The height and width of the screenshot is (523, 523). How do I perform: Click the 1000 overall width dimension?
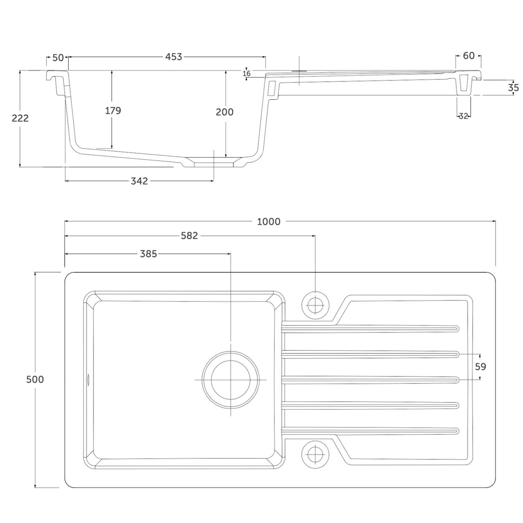tap(268, 221)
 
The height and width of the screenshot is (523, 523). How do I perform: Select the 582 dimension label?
tap(189, 236)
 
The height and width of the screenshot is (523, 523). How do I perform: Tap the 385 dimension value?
tap(149, 254)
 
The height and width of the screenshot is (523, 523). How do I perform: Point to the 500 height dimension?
tap(35, 379)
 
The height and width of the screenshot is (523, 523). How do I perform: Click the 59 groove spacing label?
tap(480, 367)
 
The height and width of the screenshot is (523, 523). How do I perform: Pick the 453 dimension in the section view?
tap(174, 56)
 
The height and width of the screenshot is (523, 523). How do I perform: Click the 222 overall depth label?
tap(20, 118)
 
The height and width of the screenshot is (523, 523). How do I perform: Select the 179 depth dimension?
tap(113, 111)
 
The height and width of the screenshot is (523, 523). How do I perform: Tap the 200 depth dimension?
tap(225, 112)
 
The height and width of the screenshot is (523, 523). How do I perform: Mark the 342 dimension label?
tap(139, 181)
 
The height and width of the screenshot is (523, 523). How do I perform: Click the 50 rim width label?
tap(58, 58)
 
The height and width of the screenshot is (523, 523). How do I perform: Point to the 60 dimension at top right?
tap(469, 56)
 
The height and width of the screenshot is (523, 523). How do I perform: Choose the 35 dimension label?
tap(513, 88)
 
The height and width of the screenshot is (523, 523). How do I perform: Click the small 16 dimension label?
tap(247, 74)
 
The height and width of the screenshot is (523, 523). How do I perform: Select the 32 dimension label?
tap(463, 116)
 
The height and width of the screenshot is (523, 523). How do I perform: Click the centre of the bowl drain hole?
tap(231, 380)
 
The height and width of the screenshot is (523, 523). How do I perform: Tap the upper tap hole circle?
tap(315, 305)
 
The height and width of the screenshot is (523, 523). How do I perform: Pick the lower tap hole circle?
tap(315, 455)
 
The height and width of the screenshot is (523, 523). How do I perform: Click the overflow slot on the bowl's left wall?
tap(88, 379)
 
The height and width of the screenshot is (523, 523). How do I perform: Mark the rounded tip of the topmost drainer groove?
tap(457, 329)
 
